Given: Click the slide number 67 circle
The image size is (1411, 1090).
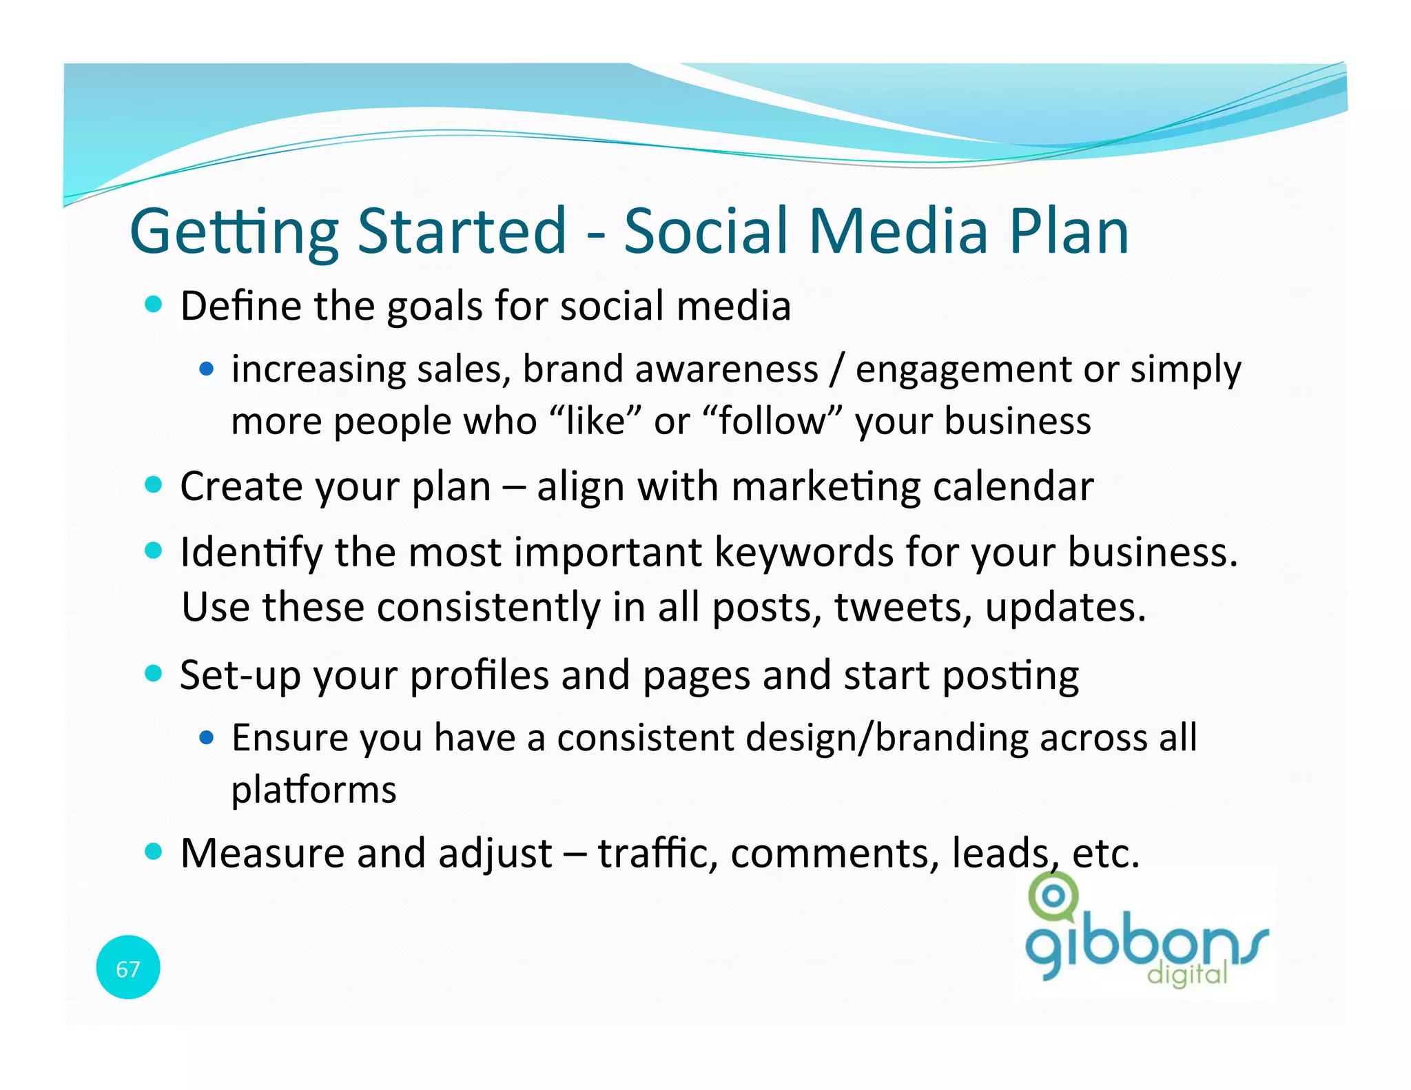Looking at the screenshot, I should tap(128, 968).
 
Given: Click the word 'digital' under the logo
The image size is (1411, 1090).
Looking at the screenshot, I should tap(1187, 974).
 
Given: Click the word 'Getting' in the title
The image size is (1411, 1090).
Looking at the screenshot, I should tap(234, 233).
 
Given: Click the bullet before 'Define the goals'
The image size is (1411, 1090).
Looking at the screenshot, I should tap(154, 305).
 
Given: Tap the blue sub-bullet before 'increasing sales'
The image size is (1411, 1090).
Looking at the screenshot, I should tap(206, 369).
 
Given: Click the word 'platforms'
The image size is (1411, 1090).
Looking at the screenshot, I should tap(313, 790).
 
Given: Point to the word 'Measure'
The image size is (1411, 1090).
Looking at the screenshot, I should tap(262, 853).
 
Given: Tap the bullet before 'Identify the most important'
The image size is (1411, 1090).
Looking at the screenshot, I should tap(154, 551).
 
